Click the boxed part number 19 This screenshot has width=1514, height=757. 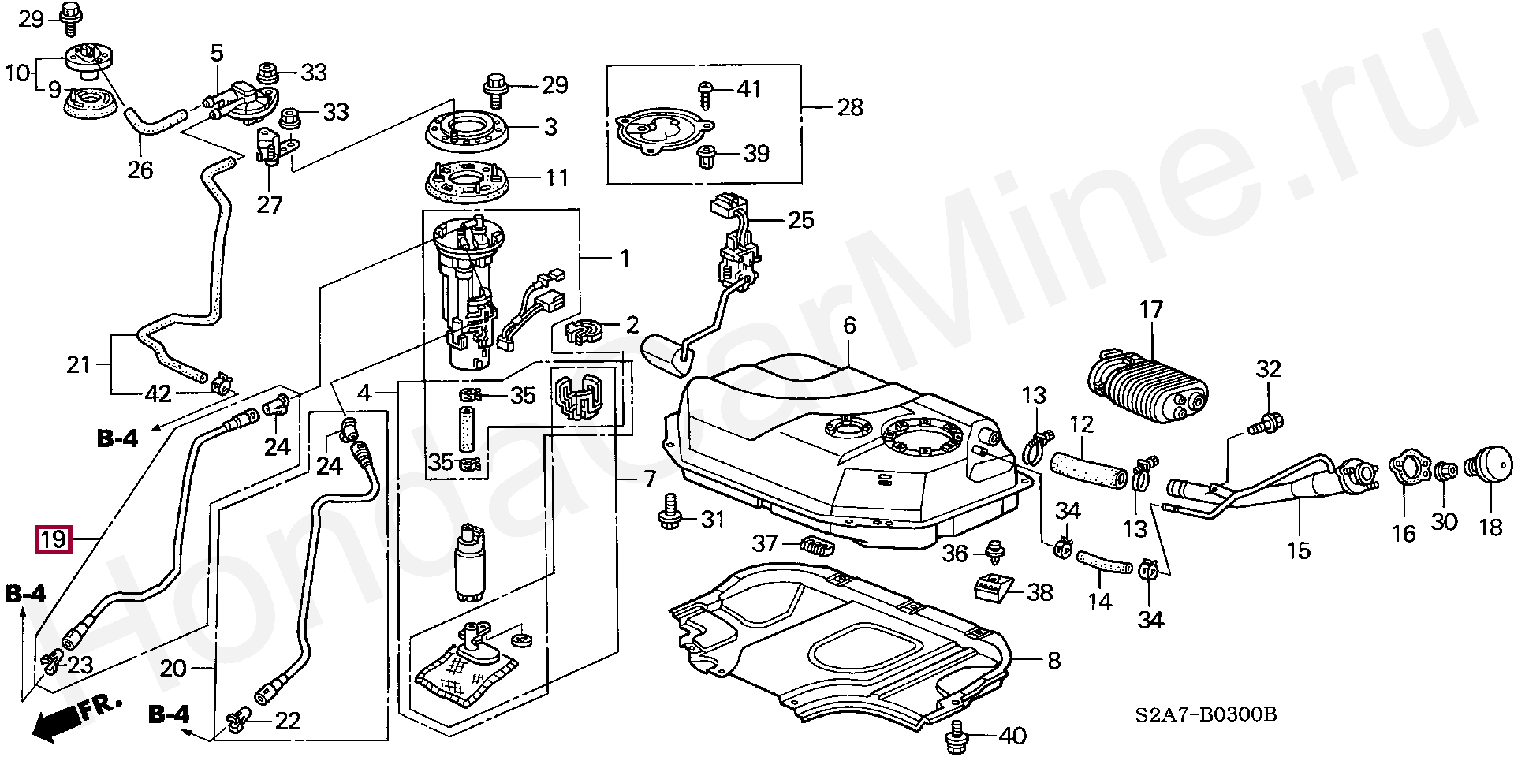pyautogui.click(x=53, y=540)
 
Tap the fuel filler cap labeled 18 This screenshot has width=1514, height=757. pyautogui.click(x=1490, y=472)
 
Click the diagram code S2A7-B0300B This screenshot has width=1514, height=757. pyautogui.click(x=1206, y=715)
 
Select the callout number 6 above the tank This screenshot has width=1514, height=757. pyautogui.click(x=848, y=326)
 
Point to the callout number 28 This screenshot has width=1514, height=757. pyautogui.click(x=850, y=106)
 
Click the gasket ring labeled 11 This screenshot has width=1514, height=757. pyautogui.click(x=472, y=182)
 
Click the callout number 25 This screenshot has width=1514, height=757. pyautogui.click(x=800, y=219)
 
